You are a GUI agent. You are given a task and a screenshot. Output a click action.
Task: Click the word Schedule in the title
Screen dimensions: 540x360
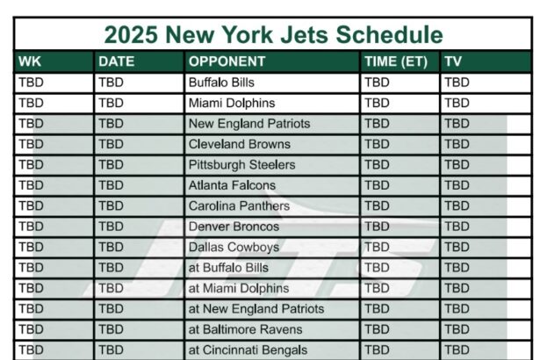[389, 34]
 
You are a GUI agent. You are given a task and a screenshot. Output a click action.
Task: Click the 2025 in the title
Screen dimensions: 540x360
[131, 34]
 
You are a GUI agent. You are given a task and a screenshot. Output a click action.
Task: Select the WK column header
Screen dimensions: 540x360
[30, 61]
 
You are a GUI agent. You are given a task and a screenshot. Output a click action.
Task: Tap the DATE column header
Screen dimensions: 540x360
[117, 61]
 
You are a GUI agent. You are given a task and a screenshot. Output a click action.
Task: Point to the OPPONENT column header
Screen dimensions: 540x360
[227, 61]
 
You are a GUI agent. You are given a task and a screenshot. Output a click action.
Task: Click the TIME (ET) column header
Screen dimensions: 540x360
[396, 61]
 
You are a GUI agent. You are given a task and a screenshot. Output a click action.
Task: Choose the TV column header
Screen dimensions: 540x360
[453, 61]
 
